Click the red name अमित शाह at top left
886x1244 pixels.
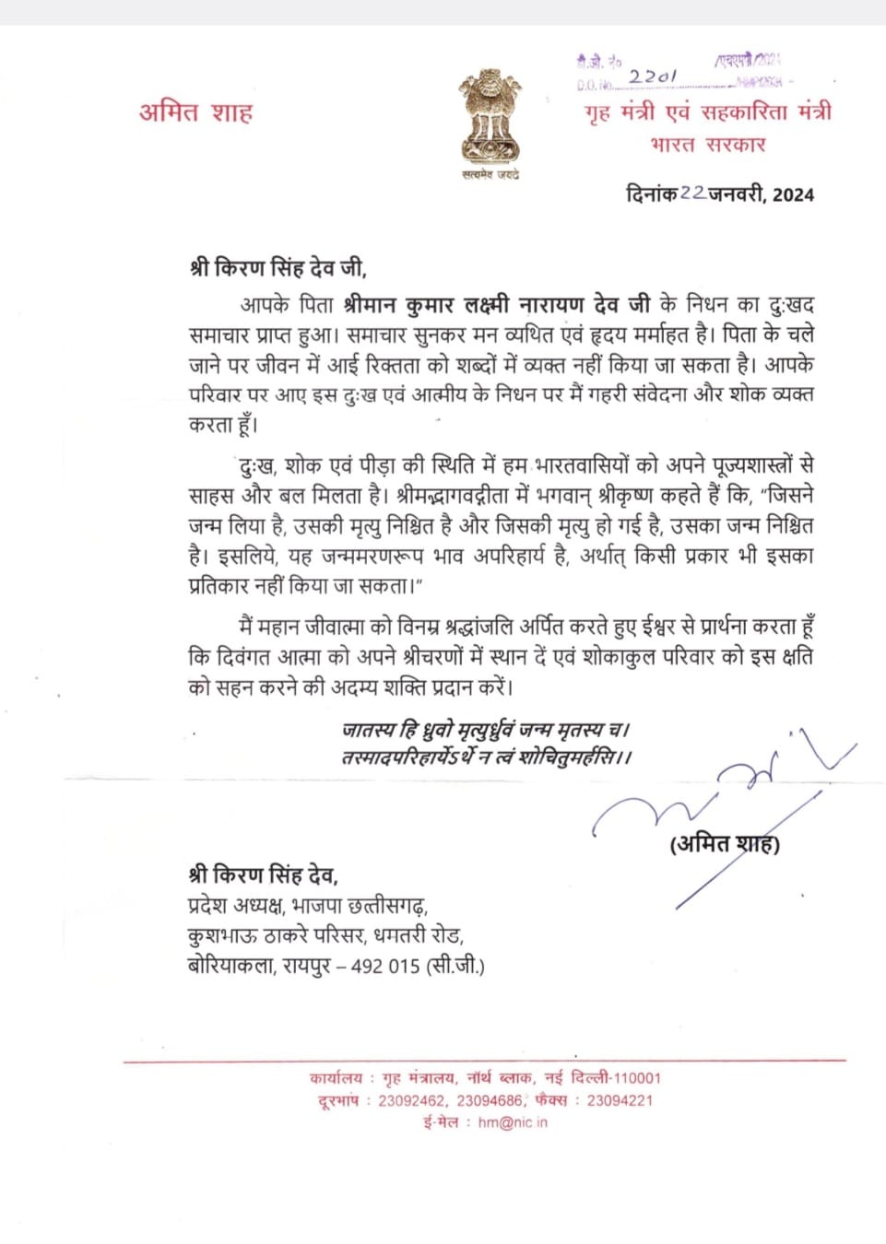tap(195, 112)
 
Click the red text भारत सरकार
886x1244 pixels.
tap(708, 145)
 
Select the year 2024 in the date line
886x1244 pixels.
tap(793, 194)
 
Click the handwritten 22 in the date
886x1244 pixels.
tap(693, 194)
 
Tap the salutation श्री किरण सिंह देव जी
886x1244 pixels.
tap(278, 268)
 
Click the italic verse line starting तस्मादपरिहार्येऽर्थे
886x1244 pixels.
tap(486, 757)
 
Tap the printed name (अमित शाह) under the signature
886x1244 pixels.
tap(725, 843)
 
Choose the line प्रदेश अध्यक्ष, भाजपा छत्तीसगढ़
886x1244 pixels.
tap(308, 905)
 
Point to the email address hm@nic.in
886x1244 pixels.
tap(513, 1122)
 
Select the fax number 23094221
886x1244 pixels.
tap(620, 1100)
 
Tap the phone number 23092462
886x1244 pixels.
tap(412, 1100)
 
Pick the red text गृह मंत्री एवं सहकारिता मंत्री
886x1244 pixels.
tap(708, 112)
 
